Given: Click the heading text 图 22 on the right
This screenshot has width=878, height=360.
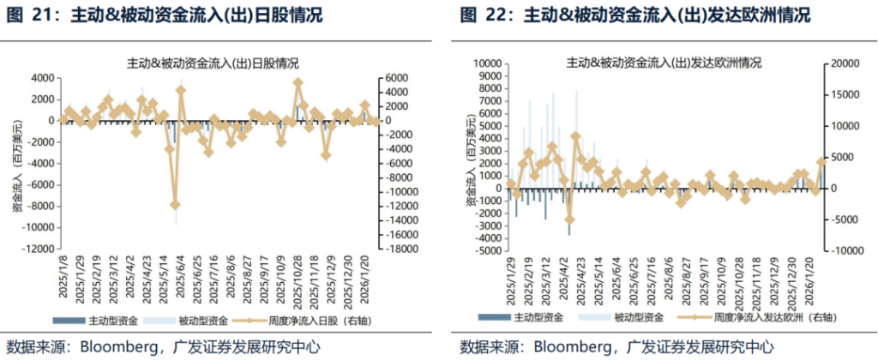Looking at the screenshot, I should [482, 15].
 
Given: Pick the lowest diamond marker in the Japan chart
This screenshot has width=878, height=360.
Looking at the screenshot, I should [175, 204].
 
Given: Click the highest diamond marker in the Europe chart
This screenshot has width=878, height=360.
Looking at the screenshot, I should [575, 136].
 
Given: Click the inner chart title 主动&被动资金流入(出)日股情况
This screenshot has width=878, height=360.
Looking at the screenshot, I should [212, 63].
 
